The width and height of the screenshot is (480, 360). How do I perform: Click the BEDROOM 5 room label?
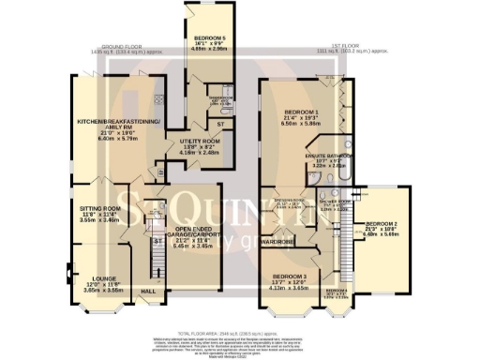coord(211,37)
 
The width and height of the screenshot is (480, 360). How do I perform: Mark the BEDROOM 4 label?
coord(335,291)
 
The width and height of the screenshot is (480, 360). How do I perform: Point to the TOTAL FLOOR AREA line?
coord(240,331)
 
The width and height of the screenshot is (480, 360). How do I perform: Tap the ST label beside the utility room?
coord(221,122)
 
